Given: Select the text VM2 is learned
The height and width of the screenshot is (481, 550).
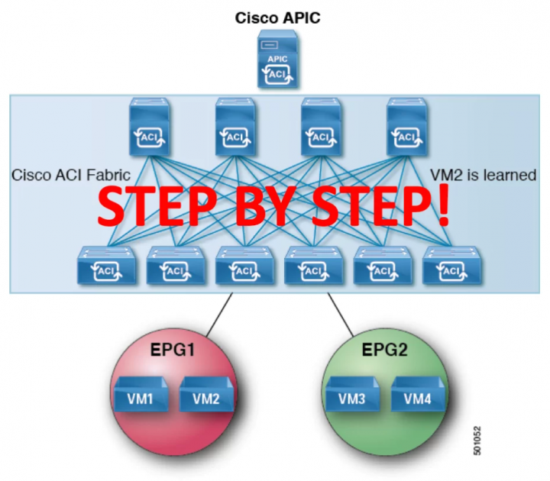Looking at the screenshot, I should [484, 175].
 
